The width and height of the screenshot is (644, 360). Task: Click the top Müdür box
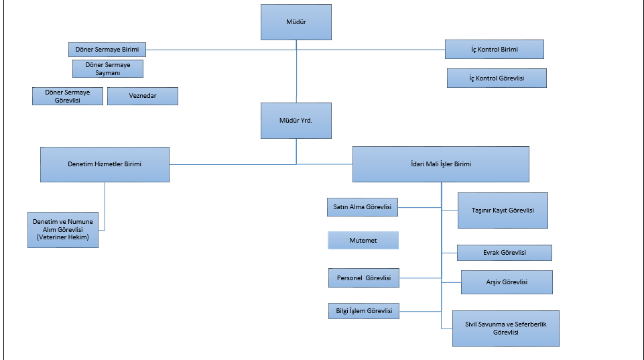pyautogui.click(x=296, y=22)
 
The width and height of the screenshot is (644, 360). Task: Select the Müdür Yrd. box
pyautogui.click(x=296, y=121)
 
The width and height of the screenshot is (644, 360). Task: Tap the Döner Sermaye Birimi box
pyautogui.click(x=107, y=50)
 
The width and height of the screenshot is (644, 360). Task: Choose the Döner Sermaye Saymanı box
pyautogui.click(x=108, y=68)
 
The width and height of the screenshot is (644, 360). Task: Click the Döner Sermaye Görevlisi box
pyautogui.click(x=68, y=96)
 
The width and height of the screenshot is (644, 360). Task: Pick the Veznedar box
pyautogui.click(x=143, y=96)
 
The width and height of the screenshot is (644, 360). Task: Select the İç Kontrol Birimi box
pyautogui.click(x=494, y=50)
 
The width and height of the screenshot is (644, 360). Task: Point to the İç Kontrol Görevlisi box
pyautogui.click(x=497, y=78)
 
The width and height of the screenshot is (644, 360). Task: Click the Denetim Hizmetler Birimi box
pyautogui.click(x=105, y=164)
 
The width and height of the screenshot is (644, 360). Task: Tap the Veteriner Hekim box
pyautogui.click(x=63, y=230)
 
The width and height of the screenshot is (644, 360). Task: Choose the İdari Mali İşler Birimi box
pyautogui.click(x=441, y=164)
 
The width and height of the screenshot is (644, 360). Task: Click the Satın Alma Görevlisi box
pyautogui.click(x=363, y=208)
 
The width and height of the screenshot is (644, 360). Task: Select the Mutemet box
pyautogui.click(x=363, y=241)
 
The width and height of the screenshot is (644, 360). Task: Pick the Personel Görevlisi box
pyautogui.click(x=364, y=278)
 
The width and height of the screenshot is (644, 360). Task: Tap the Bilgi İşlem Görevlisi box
pyautogui.click(x=364, y=311)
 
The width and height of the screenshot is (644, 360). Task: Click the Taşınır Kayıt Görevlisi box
pyautogui.click(x=503, y=211)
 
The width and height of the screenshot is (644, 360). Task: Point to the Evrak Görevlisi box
pyautogui.click(x=504, y=253)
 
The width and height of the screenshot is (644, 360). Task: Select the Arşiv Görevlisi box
pyautogui.click(x=507, y=282)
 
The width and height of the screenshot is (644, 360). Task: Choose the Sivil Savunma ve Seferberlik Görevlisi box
pyautogui.click(x=505, y=328)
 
